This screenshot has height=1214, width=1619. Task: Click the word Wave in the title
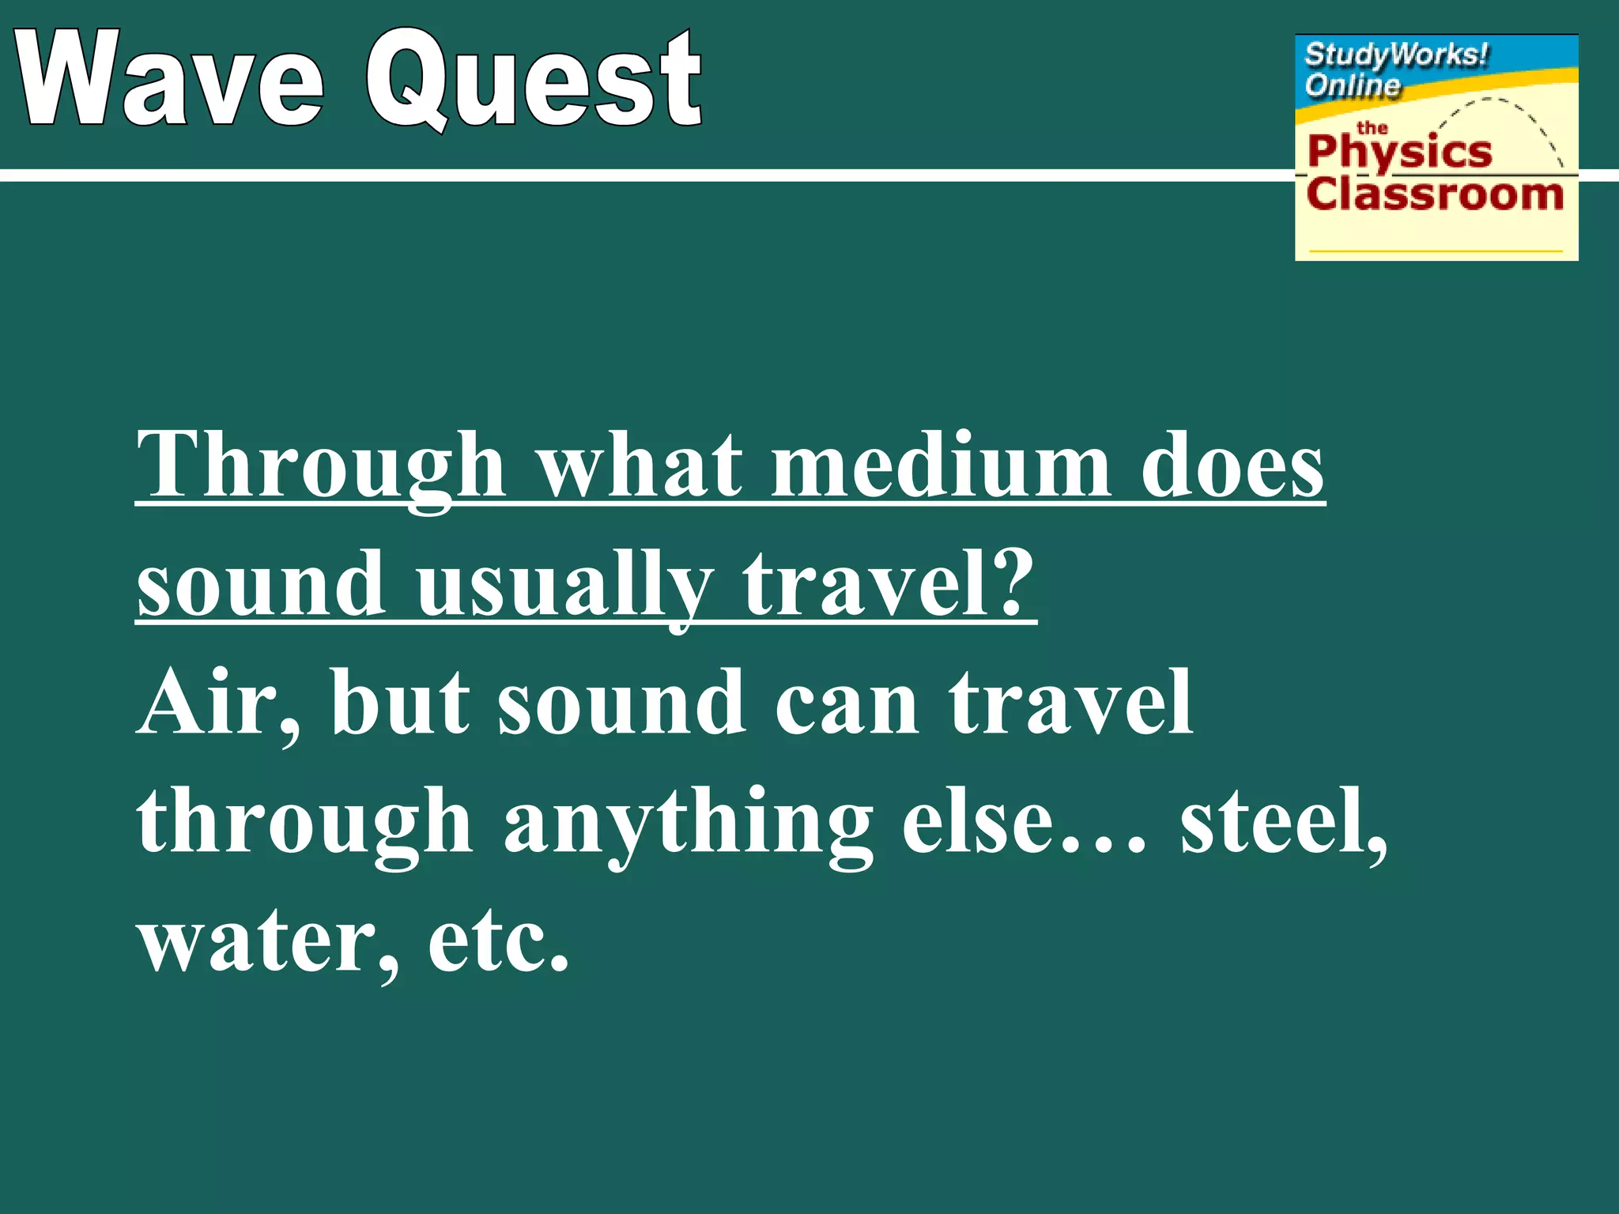170,79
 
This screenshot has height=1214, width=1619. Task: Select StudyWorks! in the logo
1396,55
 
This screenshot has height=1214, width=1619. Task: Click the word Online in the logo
1352,85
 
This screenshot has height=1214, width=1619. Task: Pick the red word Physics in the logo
1399,152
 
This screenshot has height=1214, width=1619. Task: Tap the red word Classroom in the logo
1435,194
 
